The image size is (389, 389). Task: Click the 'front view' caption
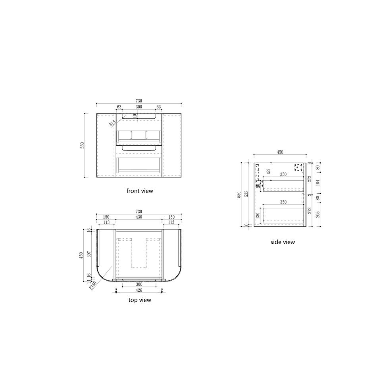[140, 191]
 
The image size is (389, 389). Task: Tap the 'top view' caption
[140, 300]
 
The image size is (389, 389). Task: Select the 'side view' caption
[283, 242]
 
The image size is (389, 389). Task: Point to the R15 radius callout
[113, 123]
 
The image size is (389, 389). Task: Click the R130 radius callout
[94, 285]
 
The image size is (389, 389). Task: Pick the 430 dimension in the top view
[139, 217]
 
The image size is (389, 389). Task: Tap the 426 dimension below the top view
[139, 290]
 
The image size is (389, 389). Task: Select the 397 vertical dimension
[89, 254]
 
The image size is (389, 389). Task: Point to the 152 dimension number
[269, 171]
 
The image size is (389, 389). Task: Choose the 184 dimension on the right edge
[318, 183]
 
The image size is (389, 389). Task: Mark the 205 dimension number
[318, 214]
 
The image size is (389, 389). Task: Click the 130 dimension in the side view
[257, 216]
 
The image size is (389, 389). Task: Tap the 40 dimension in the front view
[135, 116]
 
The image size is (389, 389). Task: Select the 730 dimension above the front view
[139, 101]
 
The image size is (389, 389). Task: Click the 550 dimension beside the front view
[83, 145]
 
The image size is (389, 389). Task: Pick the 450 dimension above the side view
[280, 152]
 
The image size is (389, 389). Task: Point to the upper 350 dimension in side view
[283, 174]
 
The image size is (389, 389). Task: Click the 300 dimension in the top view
[139, 285]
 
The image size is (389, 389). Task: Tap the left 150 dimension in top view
[106, 217]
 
